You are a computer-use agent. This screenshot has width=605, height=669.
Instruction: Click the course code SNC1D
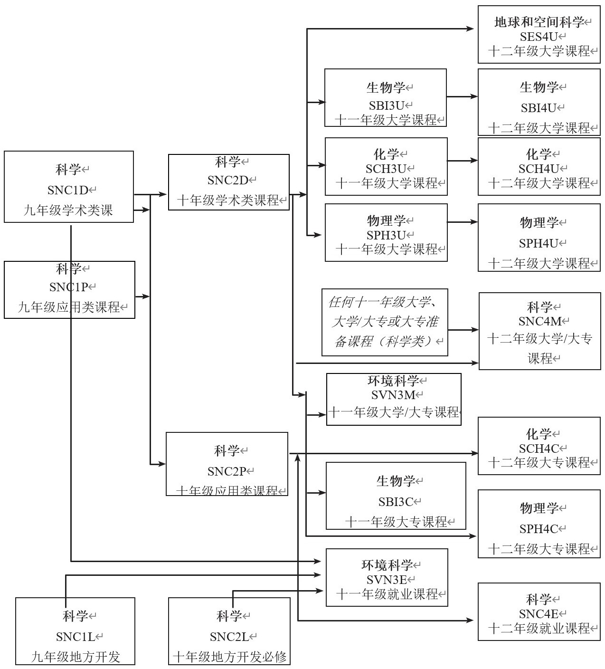[x=68, y=190]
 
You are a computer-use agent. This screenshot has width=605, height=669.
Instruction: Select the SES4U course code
[x=537, y=37]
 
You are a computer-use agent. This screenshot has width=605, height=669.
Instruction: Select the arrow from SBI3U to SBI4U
[x=462, y=96]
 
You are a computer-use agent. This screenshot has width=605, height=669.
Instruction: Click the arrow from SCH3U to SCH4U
[x=462, y=161]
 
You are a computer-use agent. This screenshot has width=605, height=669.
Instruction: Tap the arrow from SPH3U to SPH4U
[x=462, y=222]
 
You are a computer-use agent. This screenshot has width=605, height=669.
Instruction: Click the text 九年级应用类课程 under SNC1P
[x=68, y=307]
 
